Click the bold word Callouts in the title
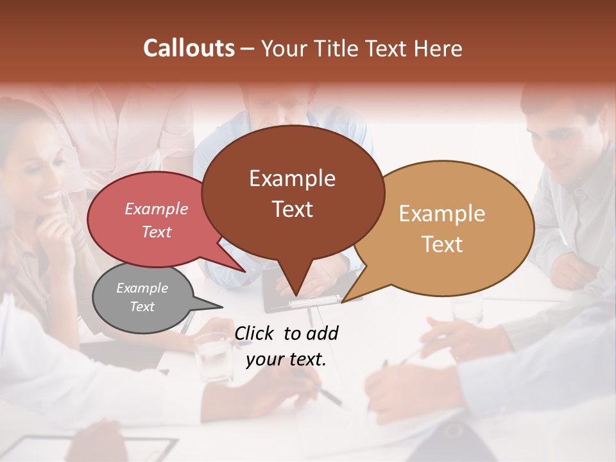tap(189, 48)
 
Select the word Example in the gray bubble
tap(142, 288)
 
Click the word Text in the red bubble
tap(157, 232)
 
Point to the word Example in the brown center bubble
tap(292, 178)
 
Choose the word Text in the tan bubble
tap(442, 244)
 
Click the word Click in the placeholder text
tap(256, 333)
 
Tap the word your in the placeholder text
tap(265, 359)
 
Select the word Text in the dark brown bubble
tap(292, 209)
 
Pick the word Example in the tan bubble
tap(442, 214)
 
